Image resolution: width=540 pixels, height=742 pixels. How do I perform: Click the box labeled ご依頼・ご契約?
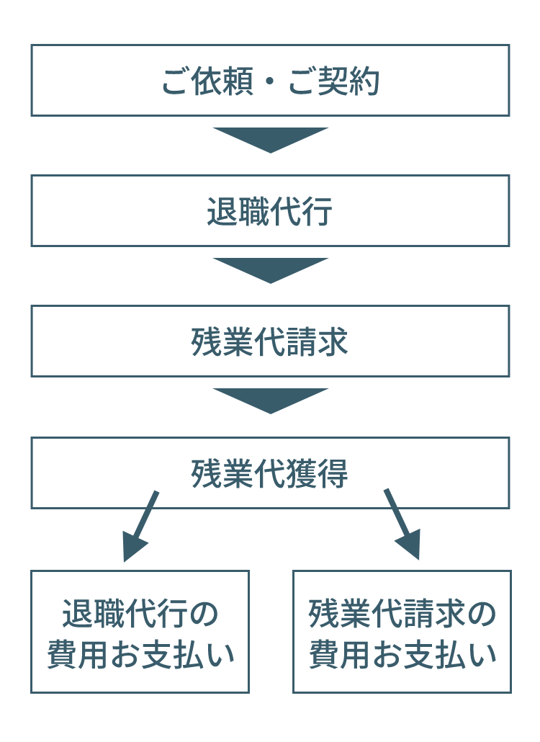click(270, 80)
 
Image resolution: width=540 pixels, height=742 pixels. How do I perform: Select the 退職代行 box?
click(270, 210)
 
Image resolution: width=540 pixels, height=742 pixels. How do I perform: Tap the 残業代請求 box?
click(270, 341)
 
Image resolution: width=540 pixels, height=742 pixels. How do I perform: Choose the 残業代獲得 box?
click(270, 473)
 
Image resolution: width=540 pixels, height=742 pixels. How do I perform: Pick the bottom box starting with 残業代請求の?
click(402, 632)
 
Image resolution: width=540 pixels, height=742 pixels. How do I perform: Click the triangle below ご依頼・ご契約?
click(270, 140)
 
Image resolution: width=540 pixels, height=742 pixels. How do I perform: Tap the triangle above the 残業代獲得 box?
click(270, 401)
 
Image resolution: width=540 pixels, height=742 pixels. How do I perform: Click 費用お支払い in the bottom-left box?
click(140, 655)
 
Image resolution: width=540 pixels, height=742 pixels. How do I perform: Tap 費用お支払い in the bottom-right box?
click(402, 655)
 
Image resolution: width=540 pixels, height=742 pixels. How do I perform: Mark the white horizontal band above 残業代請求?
click(270, 294)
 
